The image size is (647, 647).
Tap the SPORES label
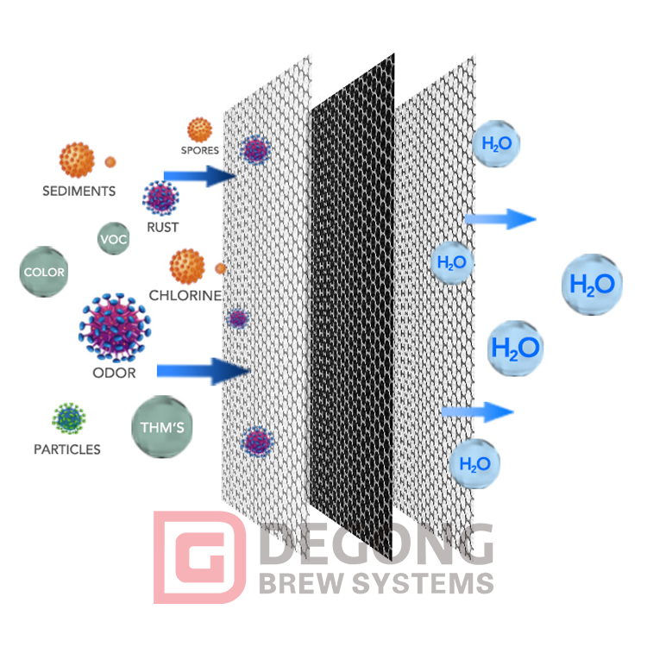pos(199,150)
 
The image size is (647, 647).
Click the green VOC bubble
pos(113,239)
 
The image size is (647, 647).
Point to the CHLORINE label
pos(185,295)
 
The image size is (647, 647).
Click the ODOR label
pos(114,374)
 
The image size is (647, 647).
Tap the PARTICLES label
pos(66,449)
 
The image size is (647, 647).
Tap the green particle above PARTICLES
pos(69,418)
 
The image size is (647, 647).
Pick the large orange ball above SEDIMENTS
pos(77,160)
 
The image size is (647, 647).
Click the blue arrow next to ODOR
pos(203,371)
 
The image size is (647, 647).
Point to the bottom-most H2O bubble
pos(474,464)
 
